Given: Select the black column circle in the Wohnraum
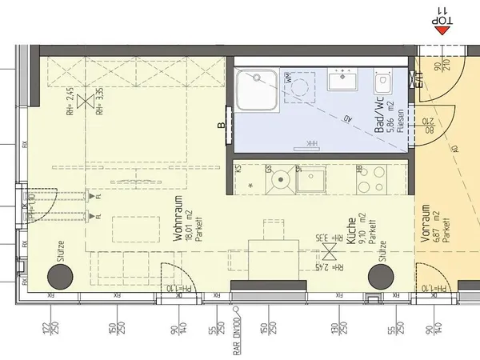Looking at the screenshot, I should tap(60, 277).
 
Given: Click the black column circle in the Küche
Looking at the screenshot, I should tap(382, 277).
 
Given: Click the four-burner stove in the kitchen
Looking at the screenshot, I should tap(370, 181).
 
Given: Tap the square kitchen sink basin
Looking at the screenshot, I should tap(310, 179).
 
